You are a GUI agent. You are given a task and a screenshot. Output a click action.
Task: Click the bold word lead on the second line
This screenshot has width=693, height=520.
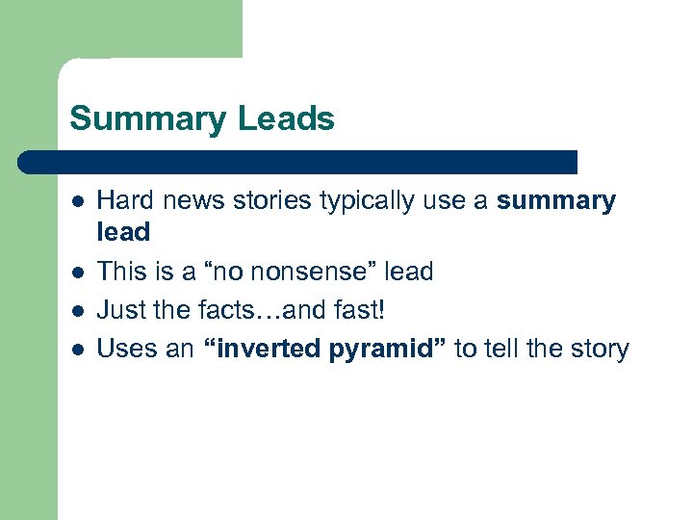point(124,233)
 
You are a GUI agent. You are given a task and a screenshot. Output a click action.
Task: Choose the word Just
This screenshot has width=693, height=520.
point(121,310)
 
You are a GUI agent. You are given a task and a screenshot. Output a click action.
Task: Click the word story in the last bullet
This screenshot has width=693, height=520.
point(599,349)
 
